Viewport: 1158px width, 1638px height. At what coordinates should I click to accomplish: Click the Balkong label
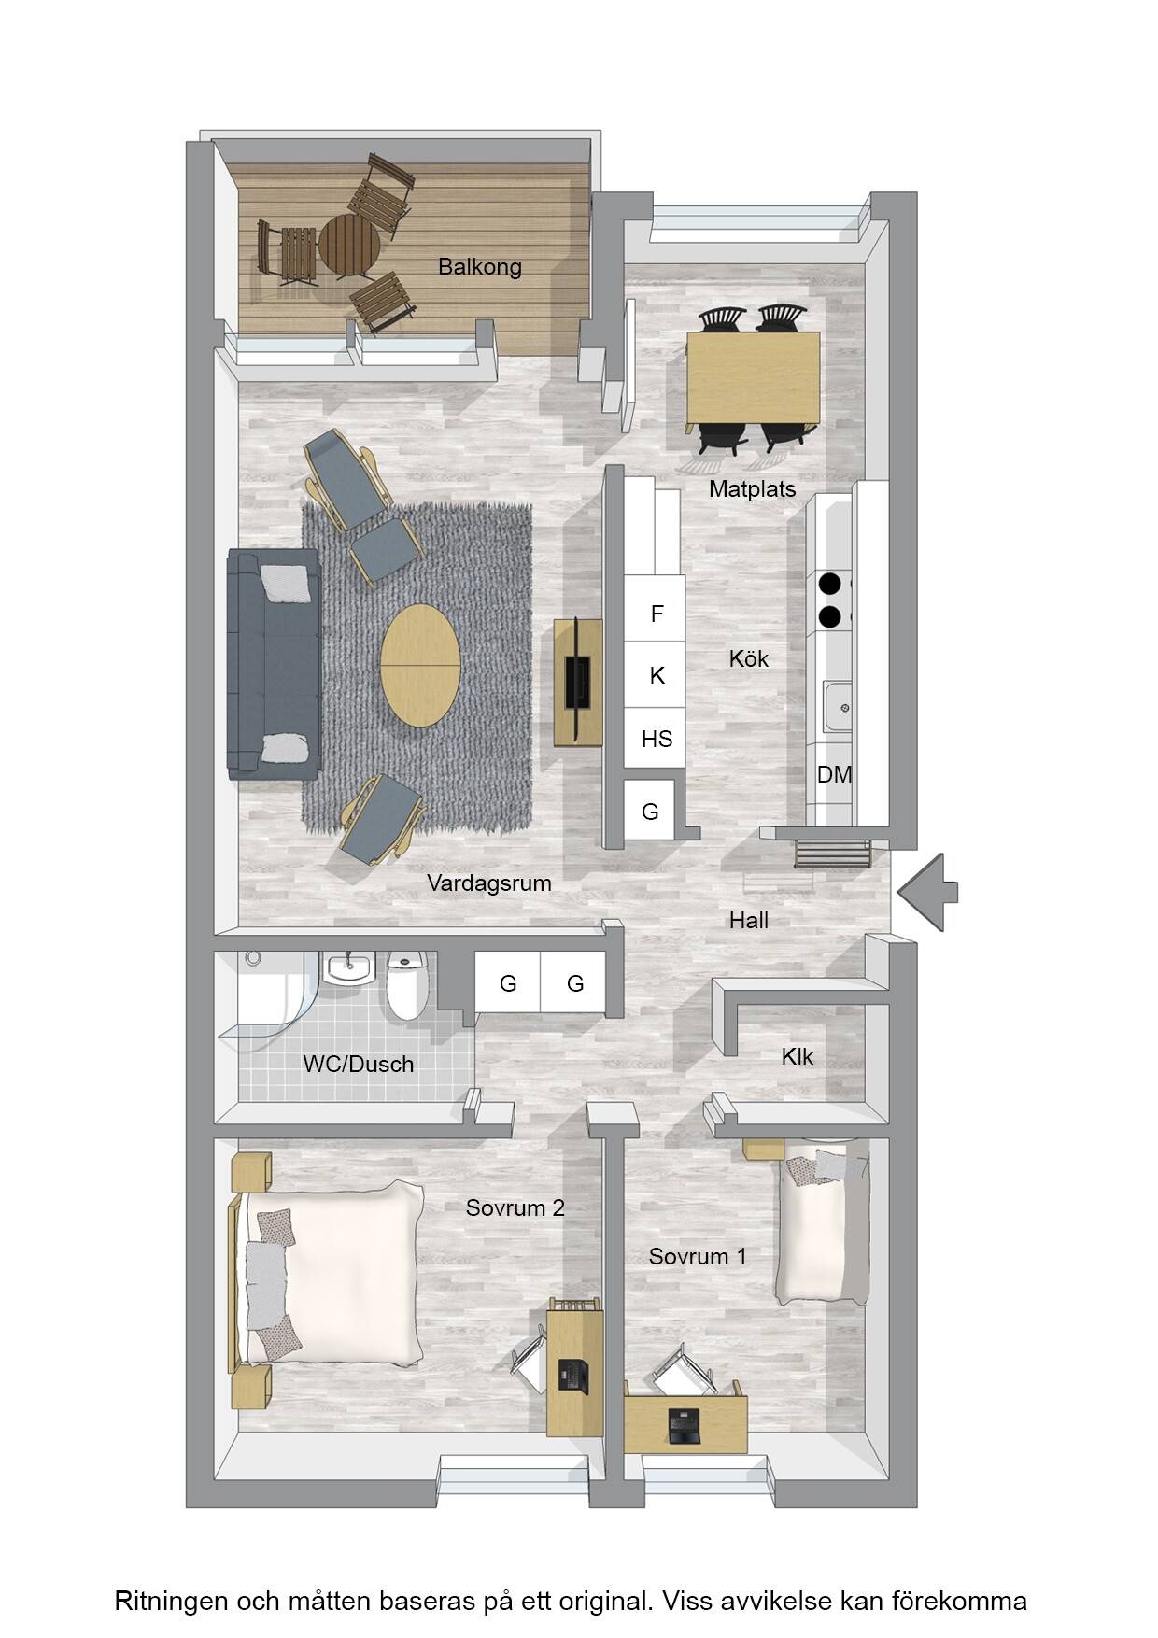point(479,267)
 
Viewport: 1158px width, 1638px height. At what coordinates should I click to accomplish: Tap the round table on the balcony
point(349,245)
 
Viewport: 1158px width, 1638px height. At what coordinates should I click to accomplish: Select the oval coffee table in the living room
point(420,665)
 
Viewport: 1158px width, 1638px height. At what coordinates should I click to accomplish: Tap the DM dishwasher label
point(834,774)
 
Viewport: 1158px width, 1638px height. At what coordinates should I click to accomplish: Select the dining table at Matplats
point(754,377)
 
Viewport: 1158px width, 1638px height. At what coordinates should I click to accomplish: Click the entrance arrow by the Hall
point(927,893)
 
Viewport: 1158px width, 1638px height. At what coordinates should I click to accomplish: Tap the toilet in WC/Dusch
point(406,984)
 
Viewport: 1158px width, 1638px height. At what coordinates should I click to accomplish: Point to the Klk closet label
point(797,1056)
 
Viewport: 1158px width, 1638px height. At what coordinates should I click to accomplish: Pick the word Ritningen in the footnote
point(171,1602)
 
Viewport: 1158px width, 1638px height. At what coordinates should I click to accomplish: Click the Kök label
point(748,659)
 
